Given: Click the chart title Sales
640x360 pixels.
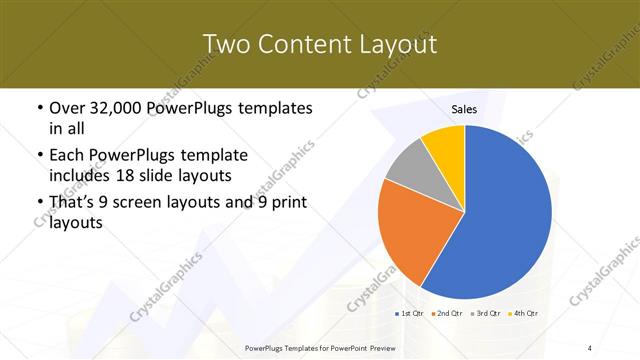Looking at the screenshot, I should point(464,109).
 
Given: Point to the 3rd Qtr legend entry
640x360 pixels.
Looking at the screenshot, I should point(486,314).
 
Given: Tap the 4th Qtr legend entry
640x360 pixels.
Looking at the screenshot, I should point(523,314).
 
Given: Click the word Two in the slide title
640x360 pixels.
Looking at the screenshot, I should point(226,45).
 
